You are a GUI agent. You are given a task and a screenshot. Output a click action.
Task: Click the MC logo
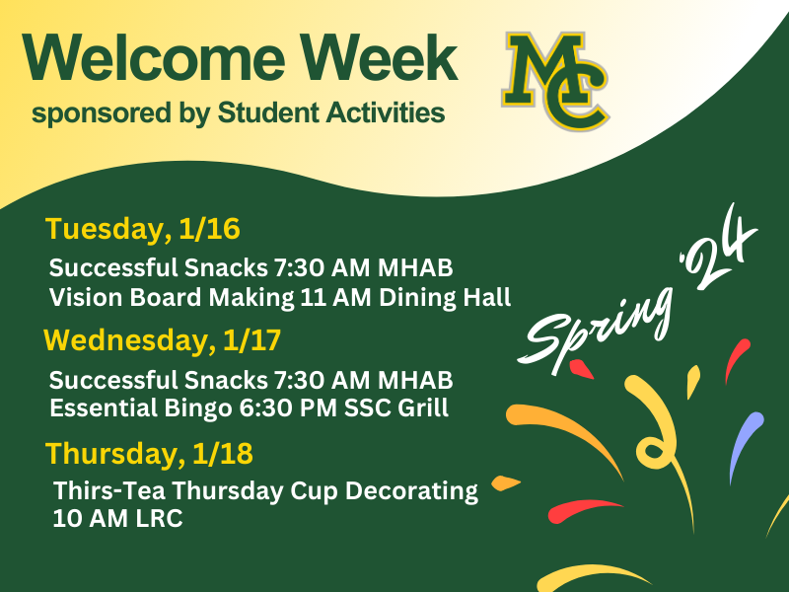[x=555, y=81]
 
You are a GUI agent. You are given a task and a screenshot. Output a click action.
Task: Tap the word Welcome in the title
[x=154, y=57]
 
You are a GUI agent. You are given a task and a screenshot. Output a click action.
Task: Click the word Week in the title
[x=380, y=57]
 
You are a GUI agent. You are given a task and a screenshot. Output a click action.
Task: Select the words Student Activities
[x=331, y=111]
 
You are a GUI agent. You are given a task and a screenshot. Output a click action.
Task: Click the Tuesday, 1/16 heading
[x=143, y=229]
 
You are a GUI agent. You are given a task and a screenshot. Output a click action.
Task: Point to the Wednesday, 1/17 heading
[x=162, y=339]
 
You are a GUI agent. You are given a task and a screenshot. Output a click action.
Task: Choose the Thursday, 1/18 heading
[x=149, y=453]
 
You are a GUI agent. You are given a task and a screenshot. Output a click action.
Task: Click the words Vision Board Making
[x=172, y=298]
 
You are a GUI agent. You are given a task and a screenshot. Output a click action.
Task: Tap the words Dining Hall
[x=445, y=298]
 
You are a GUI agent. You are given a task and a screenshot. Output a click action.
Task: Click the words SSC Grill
[x=396, y=407]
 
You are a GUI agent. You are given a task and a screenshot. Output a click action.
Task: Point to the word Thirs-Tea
[x=109, y=490]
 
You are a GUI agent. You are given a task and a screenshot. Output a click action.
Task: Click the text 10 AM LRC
[x=117, y=519]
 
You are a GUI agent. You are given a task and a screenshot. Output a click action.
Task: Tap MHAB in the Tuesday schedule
[x=415, y=267]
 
